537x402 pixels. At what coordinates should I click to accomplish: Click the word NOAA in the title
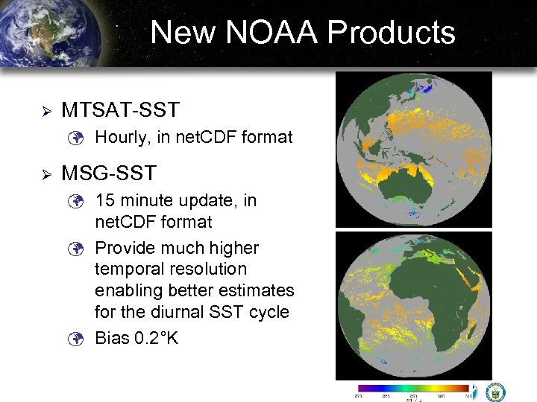point(274,33)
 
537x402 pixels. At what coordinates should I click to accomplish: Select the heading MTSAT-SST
point(120,110)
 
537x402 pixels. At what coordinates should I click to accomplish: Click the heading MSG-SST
point(108,173)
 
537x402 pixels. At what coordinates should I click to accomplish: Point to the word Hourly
point(122,137)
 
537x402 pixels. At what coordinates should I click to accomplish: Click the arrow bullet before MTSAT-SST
point(45,111)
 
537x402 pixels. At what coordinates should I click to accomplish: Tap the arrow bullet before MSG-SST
point(45,174)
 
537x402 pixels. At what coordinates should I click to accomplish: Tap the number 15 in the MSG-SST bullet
point(104,200)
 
